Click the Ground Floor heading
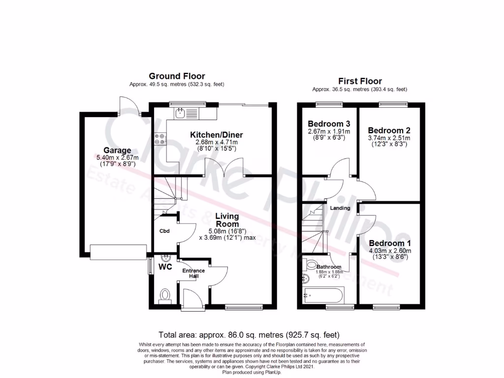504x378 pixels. pos(177,76)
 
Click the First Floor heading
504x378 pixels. pos(360,81)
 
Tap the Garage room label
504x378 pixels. pos(117,150)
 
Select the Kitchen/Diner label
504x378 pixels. pos(217,135)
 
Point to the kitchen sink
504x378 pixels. pos(181,113)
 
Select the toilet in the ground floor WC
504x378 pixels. pos(165,295)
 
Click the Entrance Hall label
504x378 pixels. pos(193,273)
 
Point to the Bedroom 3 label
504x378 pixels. pos(329,124)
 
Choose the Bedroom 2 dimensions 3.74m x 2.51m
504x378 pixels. pos(389,138)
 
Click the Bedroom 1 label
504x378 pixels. pos(389,244)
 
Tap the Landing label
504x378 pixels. pos(340,208)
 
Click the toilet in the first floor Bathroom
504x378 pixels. pos(311,265)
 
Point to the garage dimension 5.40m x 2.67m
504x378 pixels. pos(117,157)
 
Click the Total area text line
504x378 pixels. pos(249,334)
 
